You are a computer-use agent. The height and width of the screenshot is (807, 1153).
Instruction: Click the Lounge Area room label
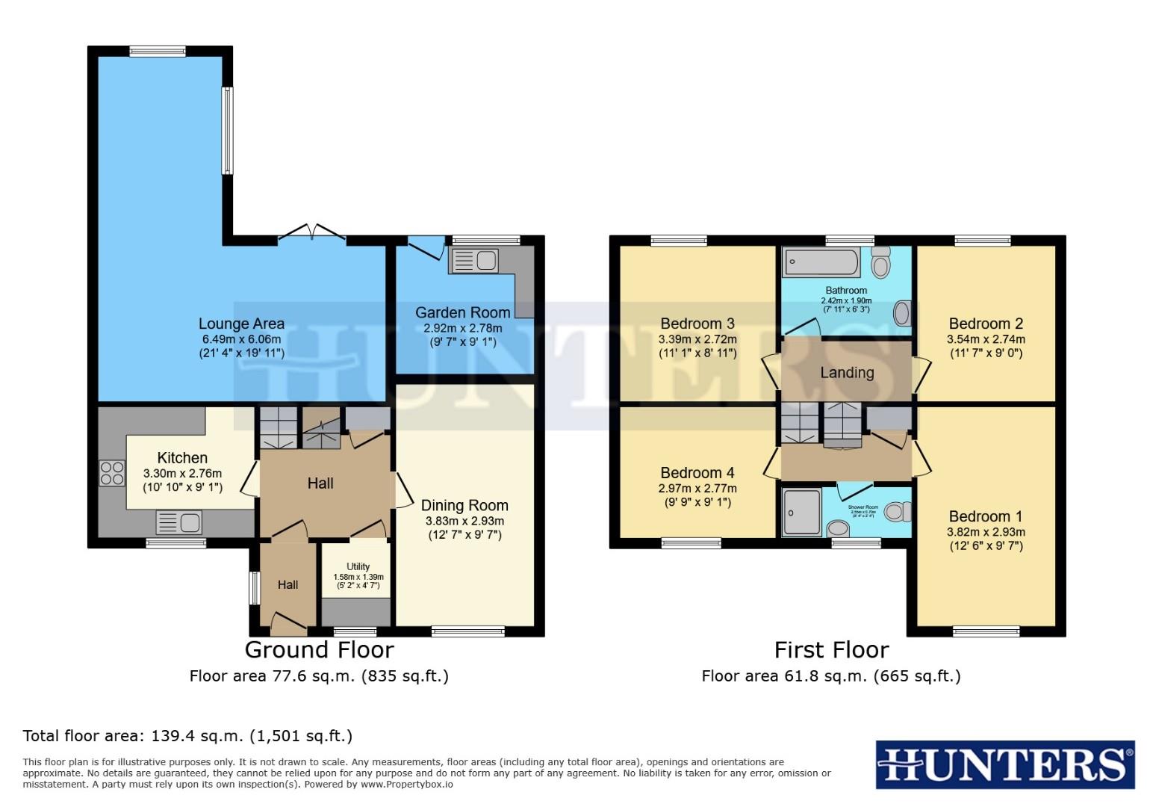tap(241, 324)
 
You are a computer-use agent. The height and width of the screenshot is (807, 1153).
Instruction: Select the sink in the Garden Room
tap(475, 261)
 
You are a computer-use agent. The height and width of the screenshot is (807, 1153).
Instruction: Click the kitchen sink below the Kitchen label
tap(179, 522)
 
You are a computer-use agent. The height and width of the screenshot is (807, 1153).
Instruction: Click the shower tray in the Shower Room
tap(801, 512)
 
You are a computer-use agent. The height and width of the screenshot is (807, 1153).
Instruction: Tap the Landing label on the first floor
tap(847, 372)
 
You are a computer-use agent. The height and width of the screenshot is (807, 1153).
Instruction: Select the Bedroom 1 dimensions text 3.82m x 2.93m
tap(986, 532)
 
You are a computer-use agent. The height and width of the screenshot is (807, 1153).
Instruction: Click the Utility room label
tap(358, 566)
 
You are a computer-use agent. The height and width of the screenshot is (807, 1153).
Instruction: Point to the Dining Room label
tap(464, 506)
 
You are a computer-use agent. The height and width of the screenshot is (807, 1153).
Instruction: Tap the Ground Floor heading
tap(319, 649)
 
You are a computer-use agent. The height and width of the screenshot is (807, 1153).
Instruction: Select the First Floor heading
tap(831, 649)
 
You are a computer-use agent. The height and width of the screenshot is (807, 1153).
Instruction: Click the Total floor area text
tap(187, 735)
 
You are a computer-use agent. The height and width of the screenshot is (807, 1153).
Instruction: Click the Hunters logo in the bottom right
tap(1004, 765)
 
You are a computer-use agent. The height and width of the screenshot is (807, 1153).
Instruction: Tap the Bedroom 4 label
tap(697, 473)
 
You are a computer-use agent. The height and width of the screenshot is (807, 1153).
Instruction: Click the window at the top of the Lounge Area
tap(157, 52)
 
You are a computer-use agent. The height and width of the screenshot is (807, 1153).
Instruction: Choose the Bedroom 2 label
tap(986, 324)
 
